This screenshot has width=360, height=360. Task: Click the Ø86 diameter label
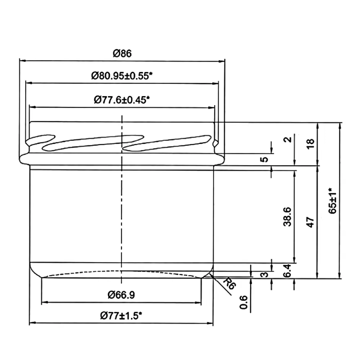122,53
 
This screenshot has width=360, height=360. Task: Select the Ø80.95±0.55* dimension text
122,76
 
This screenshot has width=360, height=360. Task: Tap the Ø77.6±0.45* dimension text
122,100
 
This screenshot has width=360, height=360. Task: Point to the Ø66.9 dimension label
121,295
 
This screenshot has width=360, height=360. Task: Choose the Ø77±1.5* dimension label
121,316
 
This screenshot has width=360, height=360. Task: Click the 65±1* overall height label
333,201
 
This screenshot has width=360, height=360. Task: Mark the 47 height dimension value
310,222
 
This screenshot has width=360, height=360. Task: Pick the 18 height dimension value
310,144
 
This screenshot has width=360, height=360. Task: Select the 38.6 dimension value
287,217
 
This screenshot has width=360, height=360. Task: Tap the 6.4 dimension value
287,271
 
